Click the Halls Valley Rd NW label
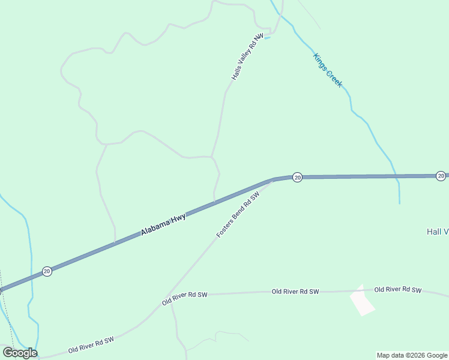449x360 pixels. pyautogui.click(x=247, y=57)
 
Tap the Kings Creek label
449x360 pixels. pyautogui.click(x=328, y=70)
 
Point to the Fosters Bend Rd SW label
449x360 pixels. pyautogui.click(x=238, y=214)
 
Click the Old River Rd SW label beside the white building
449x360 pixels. pyautogui.click(x=398, y=290)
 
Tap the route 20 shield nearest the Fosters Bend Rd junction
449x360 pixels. pyautogui.click(x=297, y=177)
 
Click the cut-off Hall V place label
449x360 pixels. pyautogui.click(x=438, y=232)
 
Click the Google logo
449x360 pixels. pyautogui.click(x=20, y=353)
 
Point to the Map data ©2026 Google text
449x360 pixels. pyautogui.click(x=412, y=355)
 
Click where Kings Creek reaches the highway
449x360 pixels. pyautogui.click(x=396, y=176)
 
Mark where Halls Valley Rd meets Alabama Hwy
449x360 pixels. pyautogui.click(x=215, y=202)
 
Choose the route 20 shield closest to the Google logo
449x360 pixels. pyautogui.click(x=47, y=272)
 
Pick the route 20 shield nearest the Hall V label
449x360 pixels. pyautogui.click(x=441, y=176)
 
